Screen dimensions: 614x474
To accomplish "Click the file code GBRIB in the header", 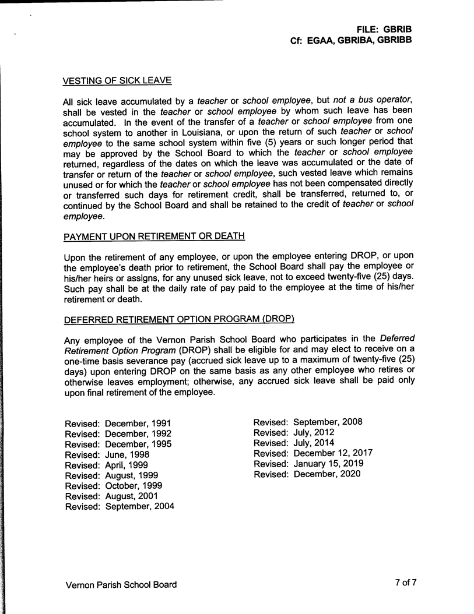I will click(x=398, y=29).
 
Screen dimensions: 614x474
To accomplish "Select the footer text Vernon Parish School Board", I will click(x=121, y=584).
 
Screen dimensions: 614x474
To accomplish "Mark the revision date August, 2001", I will click(x=132, y=496).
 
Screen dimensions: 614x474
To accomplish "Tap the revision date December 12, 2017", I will click(x=333, y=453).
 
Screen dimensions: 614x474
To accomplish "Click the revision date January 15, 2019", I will click(x=329, y=463).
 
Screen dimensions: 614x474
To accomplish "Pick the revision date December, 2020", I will click(x=327, y=474).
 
